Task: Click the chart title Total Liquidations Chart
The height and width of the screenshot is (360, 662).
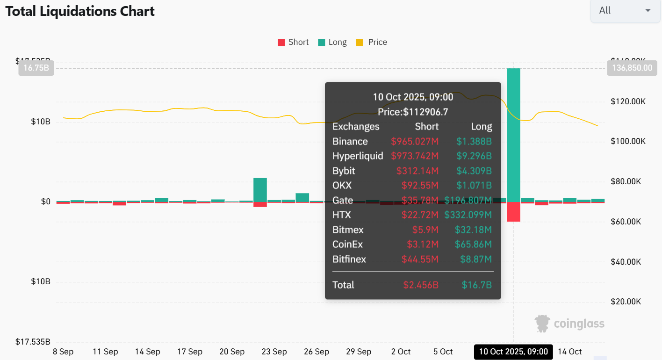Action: coord(80,11)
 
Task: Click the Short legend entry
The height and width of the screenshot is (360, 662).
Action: coord(293,42)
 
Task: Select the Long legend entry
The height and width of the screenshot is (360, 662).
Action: coord(332,42)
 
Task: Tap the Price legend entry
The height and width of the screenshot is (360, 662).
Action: coord(372,42)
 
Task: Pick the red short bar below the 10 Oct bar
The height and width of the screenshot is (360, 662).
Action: coord(513,212)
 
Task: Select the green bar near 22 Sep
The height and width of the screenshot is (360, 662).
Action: coord(260,189)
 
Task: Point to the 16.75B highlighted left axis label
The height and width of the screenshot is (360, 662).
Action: coord(36,68)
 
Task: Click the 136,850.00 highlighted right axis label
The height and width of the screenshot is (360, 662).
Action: coord(632,68)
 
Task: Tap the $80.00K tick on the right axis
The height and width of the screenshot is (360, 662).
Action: coord(628,181)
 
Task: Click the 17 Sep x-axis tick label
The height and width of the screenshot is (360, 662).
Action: coord(189,352)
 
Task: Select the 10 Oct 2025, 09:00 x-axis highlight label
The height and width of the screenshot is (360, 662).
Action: coord(513,352)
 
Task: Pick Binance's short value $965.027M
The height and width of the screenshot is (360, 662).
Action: coord(415,142)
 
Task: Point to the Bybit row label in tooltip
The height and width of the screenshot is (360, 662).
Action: coord(344,171)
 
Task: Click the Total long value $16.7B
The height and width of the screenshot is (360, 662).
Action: coord(476,285)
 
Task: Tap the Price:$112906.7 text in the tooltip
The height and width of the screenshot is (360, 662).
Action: coord(412,112)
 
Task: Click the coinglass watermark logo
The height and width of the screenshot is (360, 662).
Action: coord(569,323)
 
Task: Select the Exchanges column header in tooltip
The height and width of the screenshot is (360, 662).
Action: coord(356,127)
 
